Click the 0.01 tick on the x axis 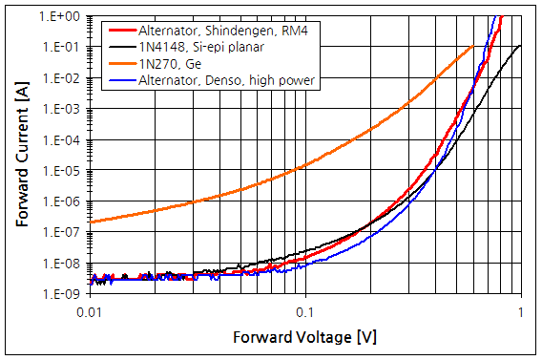89,312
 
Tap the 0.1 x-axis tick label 304,312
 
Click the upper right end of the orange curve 473,45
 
